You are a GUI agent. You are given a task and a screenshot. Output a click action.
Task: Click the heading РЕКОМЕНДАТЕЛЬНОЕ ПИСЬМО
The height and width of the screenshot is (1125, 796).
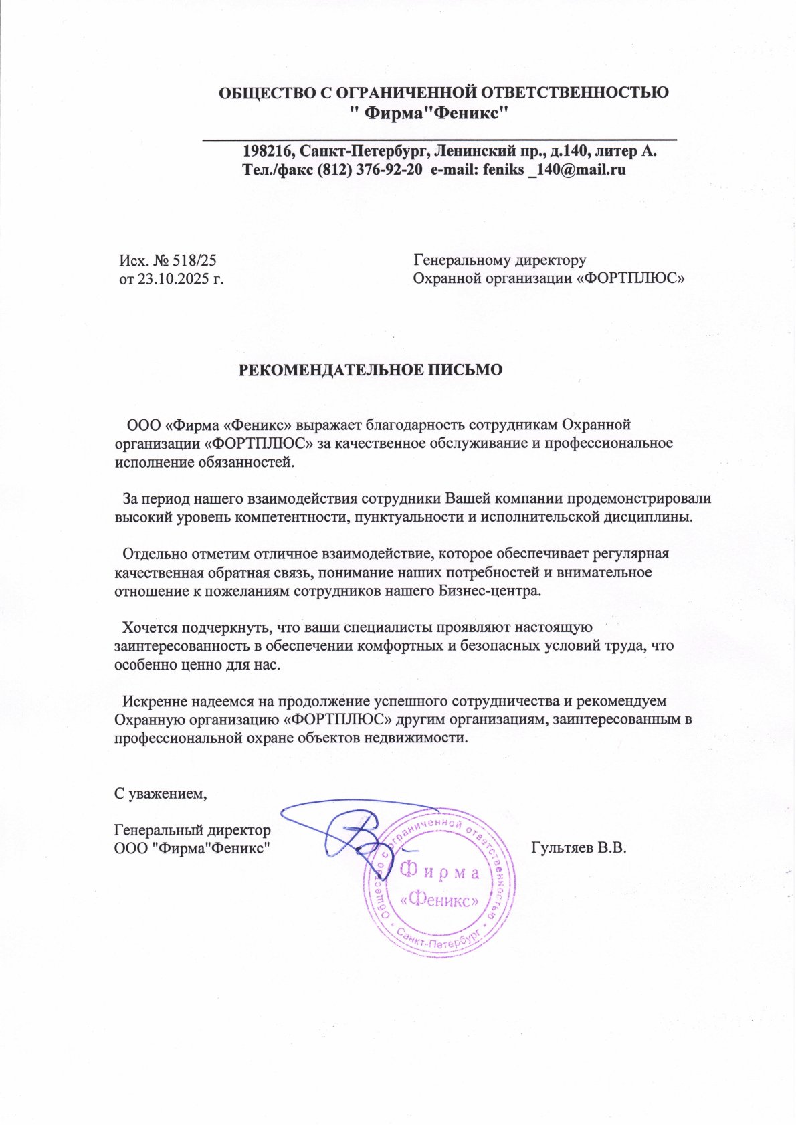point(371,370)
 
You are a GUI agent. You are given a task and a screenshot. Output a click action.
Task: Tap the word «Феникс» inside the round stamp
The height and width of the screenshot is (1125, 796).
point(439,900)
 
